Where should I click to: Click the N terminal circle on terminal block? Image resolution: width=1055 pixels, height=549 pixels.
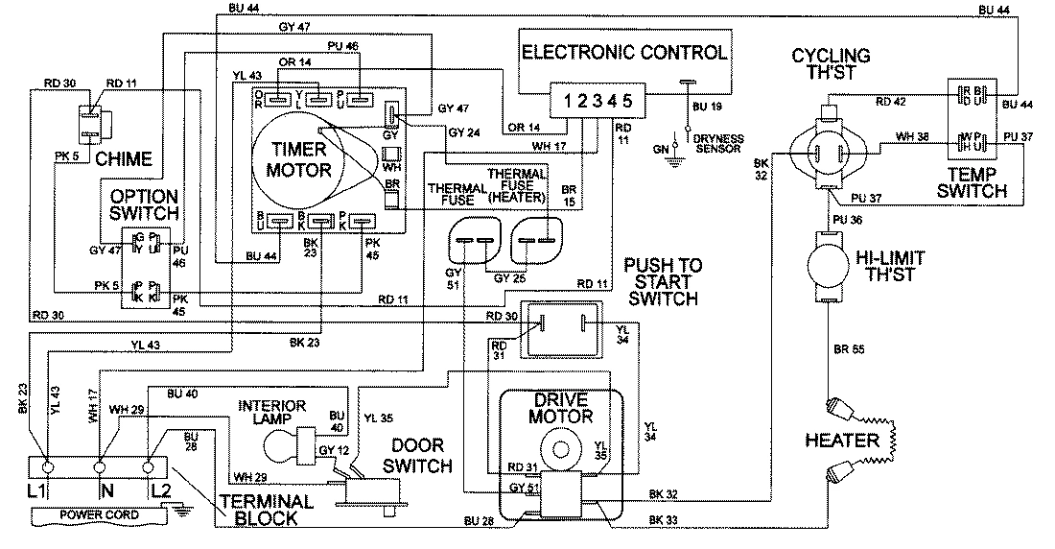point(100,467)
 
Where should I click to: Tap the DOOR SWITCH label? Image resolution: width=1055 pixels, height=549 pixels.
point(419,457)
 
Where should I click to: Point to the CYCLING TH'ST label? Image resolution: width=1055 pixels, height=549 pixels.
point(831,64)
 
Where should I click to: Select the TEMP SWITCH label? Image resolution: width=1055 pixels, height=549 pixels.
point(973,182)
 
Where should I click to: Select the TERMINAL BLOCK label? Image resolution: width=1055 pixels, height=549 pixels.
point(266,510)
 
